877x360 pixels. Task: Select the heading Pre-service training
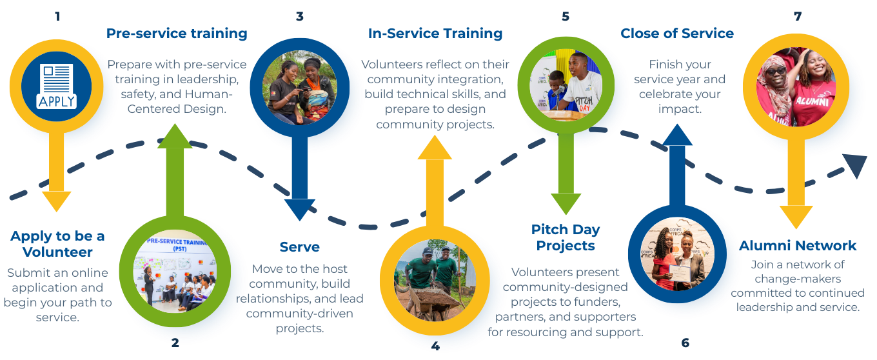(177, 34)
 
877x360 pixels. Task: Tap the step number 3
(299, 16)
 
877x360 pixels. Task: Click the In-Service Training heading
(435, 34)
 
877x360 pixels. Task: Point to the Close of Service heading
(677, 34)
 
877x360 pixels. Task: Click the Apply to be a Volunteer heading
(57, 244)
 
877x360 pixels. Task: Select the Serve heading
(299, 247)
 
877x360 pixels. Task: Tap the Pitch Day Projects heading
(566, 237)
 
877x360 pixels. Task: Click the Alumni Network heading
(798, 245)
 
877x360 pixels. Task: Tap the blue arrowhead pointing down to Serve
(299, 210)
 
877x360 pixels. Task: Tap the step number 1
(57, 16)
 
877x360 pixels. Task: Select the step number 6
(685, 342)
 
